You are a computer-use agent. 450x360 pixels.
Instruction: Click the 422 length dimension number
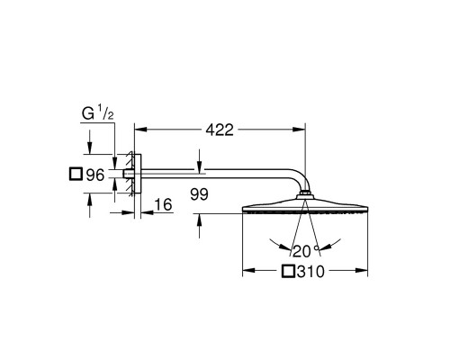(218, 130)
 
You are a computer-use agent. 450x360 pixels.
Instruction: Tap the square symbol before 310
(289, 271)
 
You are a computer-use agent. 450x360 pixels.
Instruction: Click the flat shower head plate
(306, 208)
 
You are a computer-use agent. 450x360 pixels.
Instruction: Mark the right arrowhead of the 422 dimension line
(301, 130)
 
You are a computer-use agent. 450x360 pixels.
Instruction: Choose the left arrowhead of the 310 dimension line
(248, 271)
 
